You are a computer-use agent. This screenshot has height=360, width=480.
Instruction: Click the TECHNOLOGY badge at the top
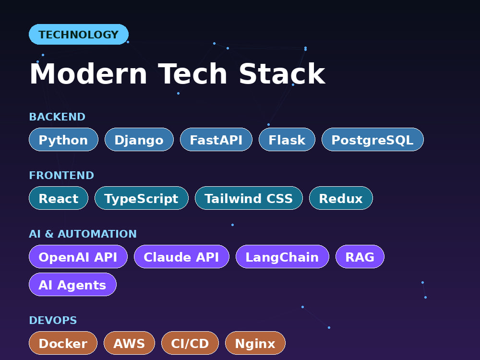79,34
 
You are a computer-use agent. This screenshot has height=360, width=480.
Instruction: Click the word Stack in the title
282,73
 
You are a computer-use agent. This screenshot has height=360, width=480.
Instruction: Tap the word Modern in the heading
88,73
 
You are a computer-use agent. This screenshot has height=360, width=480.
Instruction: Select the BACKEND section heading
57,117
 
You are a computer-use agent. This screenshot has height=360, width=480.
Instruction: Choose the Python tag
63,140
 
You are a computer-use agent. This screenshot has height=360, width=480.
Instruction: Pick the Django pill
139,140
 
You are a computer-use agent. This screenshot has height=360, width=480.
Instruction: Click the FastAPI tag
216,140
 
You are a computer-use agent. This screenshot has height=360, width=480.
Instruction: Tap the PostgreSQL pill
372,140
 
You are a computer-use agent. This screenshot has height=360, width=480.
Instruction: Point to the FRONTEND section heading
61,175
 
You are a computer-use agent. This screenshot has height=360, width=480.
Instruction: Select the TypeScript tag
142,198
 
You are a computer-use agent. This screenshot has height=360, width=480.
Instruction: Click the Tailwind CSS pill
249,198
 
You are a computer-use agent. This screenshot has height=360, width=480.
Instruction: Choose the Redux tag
341,198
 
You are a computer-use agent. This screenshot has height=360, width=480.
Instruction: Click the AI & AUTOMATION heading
83,234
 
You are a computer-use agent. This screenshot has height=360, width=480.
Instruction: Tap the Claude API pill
181,256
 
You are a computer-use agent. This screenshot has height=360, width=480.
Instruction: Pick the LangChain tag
282,256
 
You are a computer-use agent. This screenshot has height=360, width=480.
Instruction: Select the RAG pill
360,256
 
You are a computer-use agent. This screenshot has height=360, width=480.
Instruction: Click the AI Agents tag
72,284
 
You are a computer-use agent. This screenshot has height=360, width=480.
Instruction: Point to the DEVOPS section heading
53,320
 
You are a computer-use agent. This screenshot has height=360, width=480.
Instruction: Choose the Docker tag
63,343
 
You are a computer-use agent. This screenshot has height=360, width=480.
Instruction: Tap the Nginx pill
255,343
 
